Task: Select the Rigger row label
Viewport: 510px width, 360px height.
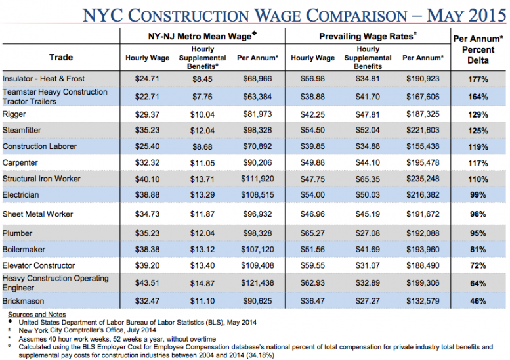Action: point(14,114)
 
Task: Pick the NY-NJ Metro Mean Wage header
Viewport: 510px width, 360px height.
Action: point(203,37)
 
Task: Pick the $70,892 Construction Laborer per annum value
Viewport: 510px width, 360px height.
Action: point(258,146)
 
